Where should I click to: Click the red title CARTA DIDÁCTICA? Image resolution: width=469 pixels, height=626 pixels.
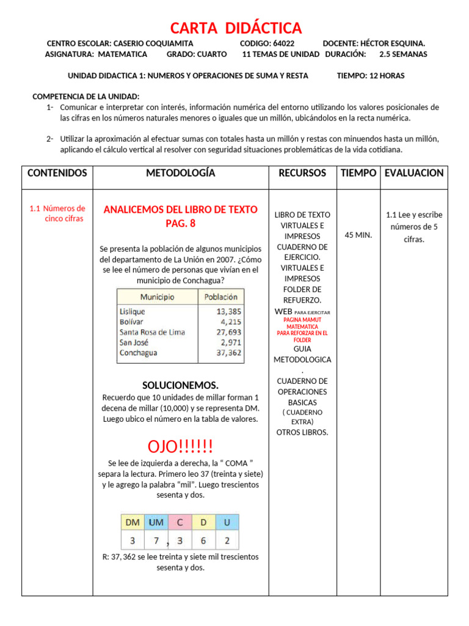coord(235,28)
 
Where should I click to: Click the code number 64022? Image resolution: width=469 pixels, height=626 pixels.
coord(283,43)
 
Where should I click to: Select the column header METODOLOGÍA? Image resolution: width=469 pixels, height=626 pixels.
coord(180,173)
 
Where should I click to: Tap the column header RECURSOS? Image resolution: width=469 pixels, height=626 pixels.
coord(302,173)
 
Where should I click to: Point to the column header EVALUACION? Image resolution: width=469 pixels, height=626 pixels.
coord(413,173)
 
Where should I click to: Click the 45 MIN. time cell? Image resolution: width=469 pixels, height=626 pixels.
coord(358,235)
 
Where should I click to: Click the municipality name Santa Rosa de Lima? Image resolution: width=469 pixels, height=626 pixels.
coord(152,332)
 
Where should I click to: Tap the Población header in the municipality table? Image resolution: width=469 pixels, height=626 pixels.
coord(220,297)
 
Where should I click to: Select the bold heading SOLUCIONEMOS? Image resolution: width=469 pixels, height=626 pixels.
coord(180,385)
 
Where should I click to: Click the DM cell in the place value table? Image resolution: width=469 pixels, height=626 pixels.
coord(133,523)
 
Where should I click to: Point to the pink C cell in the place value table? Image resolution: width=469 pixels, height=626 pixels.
coord(180,523)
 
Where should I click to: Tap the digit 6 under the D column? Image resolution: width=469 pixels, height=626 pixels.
coord(203,540)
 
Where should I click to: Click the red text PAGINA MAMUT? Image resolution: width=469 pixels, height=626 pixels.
coord(302,320)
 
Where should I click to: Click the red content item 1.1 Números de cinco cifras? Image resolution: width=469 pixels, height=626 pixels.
coord(58,213)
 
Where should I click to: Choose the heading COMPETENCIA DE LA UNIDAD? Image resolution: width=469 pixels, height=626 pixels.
coord(85,97)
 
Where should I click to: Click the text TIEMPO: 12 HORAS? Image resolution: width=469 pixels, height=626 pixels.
coord(370,76)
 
